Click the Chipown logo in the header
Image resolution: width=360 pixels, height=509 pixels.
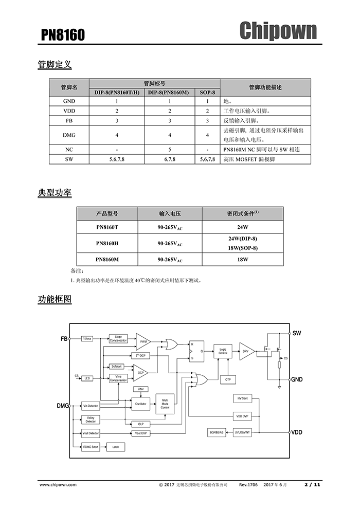click(x=278, y=31)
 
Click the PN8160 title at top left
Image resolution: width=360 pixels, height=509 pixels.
click(x=63, y=34)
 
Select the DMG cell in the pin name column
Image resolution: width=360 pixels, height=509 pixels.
click(x=69, y=135)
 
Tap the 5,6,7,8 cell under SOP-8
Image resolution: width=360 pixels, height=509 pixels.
click(x=207, y=160)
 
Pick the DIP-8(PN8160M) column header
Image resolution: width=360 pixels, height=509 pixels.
click(x=168, y=92)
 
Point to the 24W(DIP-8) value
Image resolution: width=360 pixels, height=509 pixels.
click(x=243, y=239)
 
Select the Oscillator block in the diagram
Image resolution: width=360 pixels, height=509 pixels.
click(x=140, y=405)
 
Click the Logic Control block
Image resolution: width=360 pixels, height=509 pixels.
click(x=223, y=351)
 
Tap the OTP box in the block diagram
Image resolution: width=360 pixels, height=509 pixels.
click(x=228, y=379)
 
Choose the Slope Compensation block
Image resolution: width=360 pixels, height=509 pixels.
click(x=118, y=339)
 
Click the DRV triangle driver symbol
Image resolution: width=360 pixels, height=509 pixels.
click(x=246, y=351)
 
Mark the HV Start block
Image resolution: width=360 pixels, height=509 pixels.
click(x=242, y=398)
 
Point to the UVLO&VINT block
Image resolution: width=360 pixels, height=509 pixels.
click(x=242, y=432)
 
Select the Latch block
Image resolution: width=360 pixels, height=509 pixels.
click(x=116, y=447)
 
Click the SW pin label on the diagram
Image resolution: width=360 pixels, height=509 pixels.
click(x=297, y=333)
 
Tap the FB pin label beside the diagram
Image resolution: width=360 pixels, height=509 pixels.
click(x=64, y=339)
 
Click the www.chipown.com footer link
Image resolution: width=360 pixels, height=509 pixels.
click(x=58, y=484)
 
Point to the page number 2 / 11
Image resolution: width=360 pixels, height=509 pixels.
click(x=312, y=484)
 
